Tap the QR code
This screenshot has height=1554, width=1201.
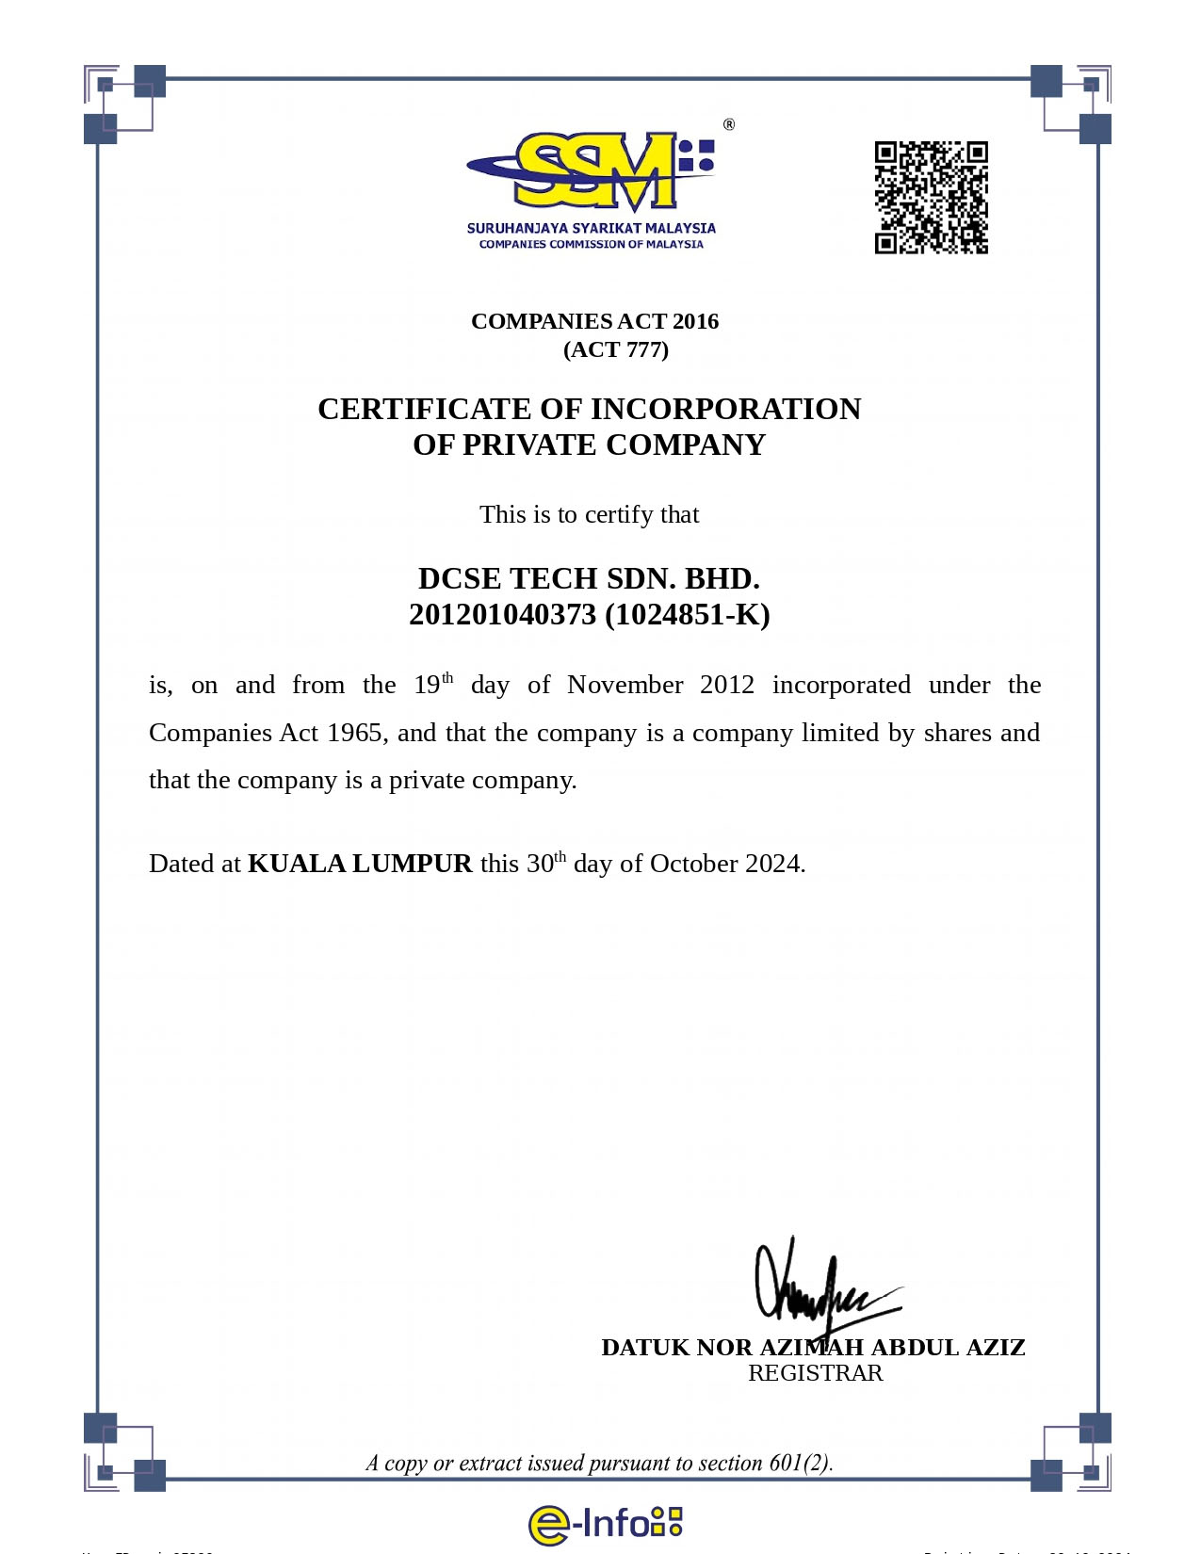pos(931,198)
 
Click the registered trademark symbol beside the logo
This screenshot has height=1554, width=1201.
pos(729,124)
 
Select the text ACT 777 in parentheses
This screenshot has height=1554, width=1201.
pos(616,350)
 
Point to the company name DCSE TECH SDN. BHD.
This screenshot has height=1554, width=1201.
pos(589,577)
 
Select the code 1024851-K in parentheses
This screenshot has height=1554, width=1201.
pos(688,615)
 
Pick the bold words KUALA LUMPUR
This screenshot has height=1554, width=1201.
pos(360,864)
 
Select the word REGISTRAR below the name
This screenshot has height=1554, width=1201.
pos(816,1373)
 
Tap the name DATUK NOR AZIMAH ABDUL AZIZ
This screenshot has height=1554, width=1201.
pos(813,1348)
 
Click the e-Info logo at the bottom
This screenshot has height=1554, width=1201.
pos(605,1523)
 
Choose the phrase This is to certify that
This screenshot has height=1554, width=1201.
pos(589,514)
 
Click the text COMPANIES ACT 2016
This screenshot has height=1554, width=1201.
pos(594,321)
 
